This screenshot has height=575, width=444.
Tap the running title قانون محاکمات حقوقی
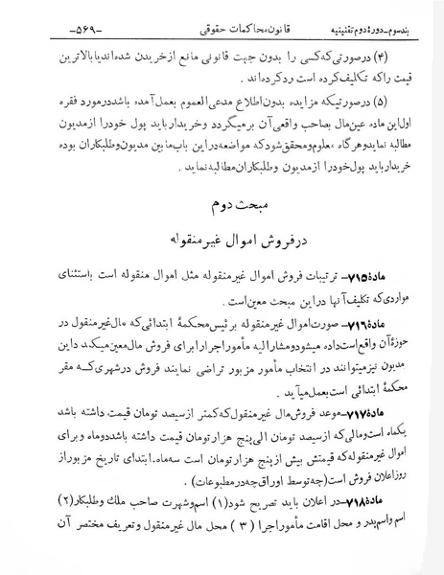click(x=216, y=15)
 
